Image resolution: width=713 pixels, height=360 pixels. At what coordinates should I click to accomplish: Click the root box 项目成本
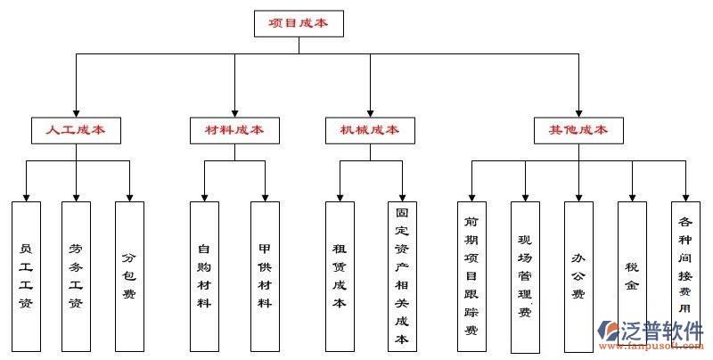click(298, 23)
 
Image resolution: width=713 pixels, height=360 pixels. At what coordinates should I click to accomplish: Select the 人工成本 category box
click(76, 130)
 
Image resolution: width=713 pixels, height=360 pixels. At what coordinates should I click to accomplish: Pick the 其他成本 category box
click(578, 130)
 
